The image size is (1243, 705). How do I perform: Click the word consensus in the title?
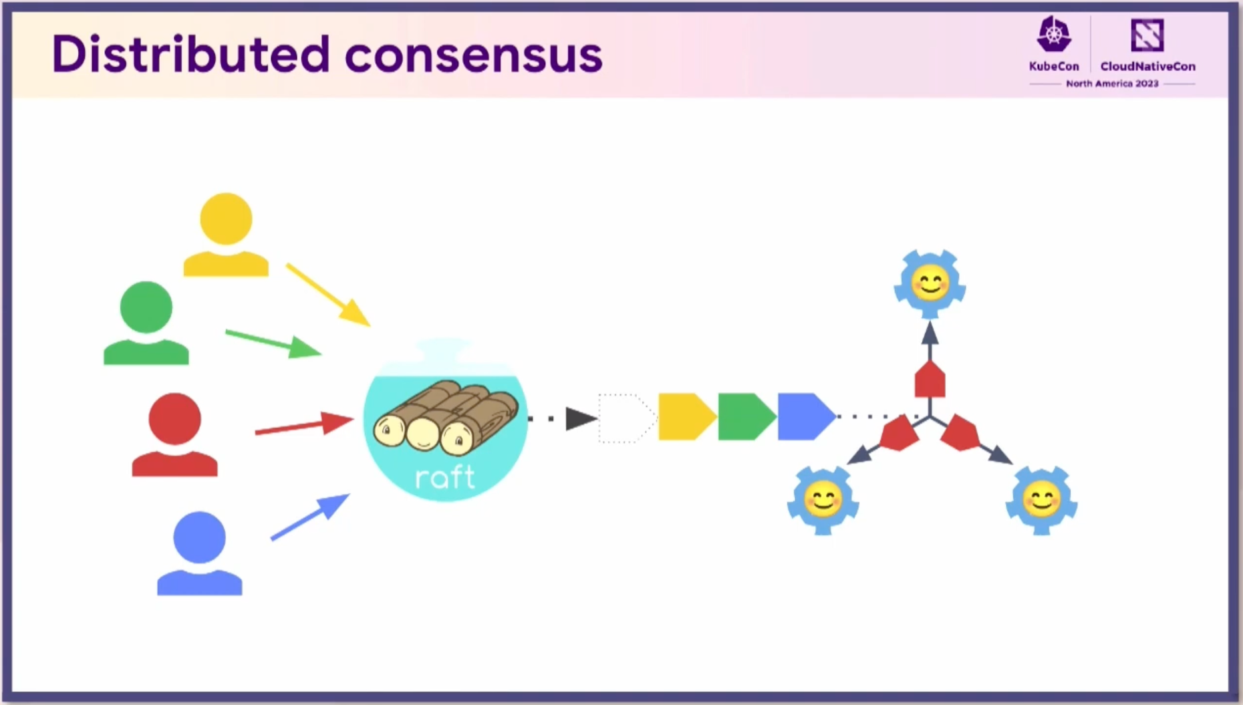point(474,56)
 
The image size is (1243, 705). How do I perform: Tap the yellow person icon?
point(226,235)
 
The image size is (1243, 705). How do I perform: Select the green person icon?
point(146,323)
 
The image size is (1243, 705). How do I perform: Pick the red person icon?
point(174,434)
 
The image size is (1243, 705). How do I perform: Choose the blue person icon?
point(199,553)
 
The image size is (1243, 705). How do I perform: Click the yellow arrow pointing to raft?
point(328,295)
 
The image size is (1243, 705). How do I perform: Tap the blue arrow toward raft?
point(310,517)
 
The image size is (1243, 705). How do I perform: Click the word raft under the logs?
point(445,477)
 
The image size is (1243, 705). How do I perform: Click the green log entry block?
point(747,417)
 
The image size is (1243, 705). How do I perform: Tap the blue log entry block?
point(807,417)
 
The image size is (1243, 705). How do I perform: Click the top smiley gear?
point(930,284)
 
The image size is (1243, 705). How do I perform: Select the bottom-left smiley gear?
point(823,500)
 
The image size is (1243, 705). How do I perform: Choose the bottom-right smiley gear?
point(1042,500)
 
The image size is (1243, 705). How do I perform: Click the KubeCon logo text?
point(1054,66)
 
